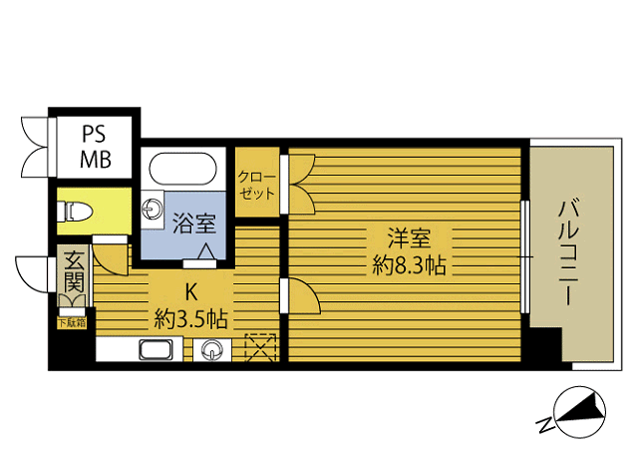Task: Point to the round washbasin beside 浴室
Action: (152, 208)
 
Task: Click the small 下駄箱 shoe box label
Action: (71, 322)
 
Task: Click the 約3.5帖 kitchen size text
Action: (189, 319)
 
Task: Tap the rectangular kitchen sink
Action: (157, 350)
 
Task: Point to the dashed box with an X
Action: (258, 348)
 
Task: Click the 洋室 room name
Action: (409, 239)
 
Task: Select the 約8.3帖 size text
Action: (409, 266)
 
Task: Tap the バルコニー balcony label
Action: (568, 249)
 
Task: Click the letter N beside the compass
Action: (544, 425)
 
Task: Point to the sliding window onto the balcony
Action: (524, 255)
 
